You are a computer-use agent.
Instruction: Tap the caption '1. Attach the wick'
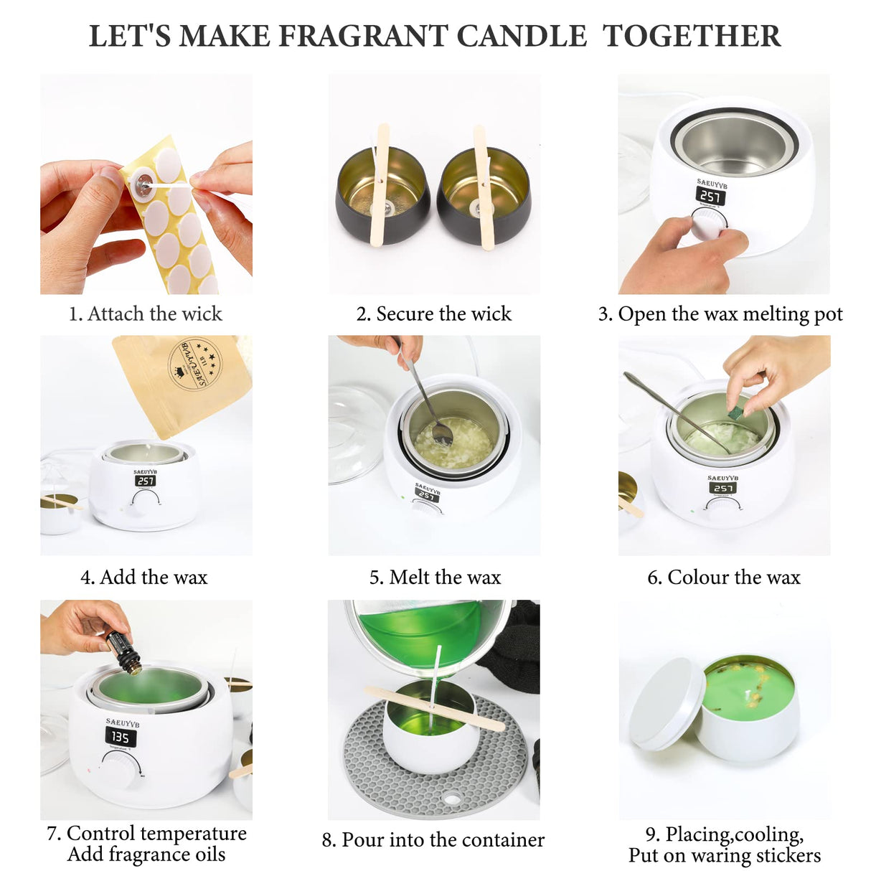[146, 314]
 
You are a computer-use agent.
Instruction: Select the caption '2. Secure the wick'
[434, 314]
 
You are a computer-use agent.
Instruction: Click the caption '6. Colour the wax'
[723, 577]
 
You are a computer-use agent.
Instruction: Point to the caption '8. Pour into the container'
[433, 839]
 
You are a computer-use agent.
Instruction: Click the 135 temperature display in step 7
[120, 737]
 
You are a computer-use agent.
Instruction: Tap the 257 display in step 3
[710, 196]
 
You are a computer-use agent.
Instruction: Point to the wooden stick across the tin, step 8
[434, 708]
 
